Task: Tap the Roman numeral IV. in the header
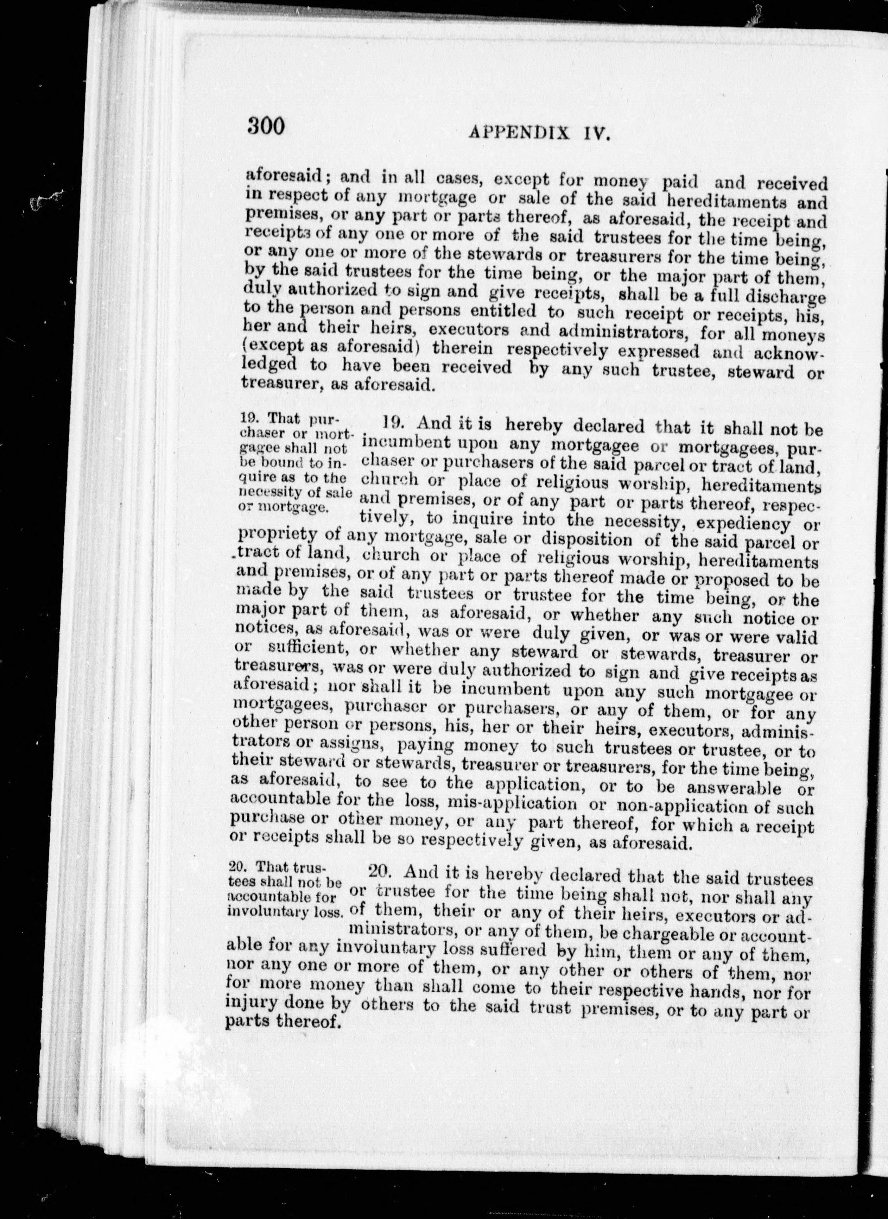tap(592, 133)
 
